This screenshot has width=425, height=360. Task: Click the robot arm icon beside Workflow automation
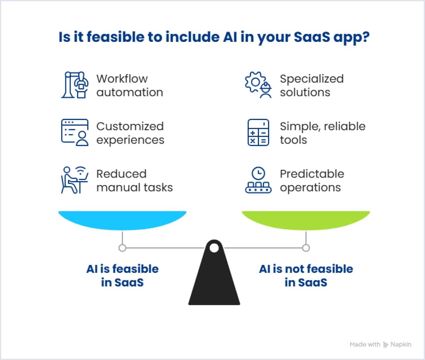pyautogui.click(x=75, y=85)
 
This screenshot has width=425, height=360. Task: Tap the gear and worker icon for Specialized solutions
pyautogui.click(x=258, y=85)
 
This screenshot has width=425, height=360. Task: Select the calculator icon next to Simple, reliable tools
pyautogui.click(x=258, y=133)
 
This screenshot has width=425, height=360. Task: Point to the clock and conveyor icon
pyautogui.click(x=258, y=180)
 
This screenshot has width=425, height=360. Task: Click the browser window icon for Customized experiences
pyautogui.click(x=75, y=133)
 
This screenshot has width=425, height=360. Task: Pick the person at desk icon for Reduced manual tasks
pyautogui.click(x=75, y=180)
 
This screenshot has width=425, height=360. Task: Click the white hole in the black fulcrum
pyautogui.click(x=214, y=248)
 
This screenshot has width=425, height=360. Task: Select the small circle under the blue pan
pyautogui.click(x=122, y=248)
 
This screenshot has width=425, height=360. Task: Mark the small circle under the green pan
pyautogui.click(x=306, y=248)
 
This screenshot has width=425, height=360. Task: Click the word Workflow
pyautogui.click(x=122, y=79)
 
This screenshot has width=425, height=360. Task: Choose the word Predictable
pyautogui.click(x=312, y=174)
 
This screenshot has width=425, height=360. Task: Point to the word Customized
pyautogui.click(x=130, y=126)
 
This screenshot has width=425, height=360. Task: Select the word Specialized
pyautogui.click(x=311, y=79)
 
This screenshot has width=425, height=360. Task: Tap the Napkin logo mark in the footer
pyautogui.click(x=386, y=345)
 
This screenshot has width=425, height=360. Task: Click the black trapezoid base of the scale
pyautogui.click(x=214, y=283)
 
